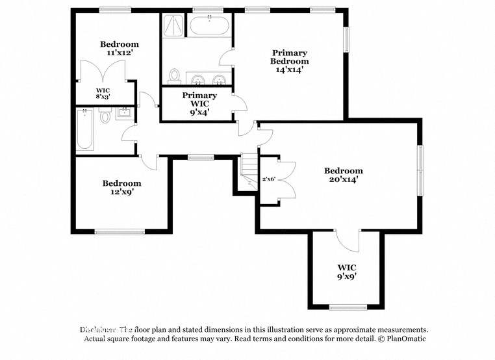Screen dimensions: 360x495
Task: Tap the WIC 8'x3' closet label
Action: (103, 93)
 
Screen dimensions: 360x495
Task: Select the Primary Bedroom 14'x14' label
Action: (290, 60)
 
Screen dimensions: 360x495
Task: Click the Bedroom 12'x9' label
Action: (121, 188)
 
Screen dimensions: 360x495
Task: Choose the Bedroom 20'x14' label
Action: (344, 175)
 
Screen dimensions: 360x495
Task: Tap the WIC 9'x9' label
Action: (346, 272)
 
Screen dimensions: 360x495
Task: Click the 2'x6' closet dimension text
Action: (268, 179)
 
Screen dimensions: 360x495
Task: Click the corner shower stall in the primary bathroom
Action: (173, 25)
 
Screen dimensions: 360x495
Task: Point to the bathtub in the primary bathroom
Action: (209, 27)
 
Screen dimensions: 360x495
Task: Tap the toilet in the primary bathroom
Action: (173, 77)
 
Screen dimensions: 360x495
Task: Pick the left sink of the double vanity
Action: (197, 80)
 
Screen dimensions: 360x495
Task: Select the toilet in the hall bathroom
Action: (105, 117)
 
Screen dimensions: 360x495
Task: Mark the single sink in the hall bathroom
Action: (125, 114)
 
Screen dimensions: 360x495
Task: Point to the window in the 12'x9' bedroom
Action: (120, 231)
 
